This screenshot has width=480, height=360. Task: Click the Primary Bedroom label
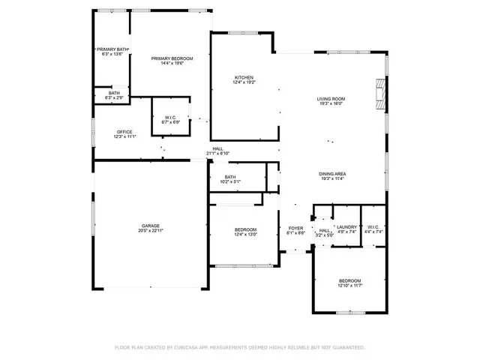click(x=172, y=58)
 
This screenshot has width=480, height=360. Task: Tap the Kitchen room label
click(x=244, y=77)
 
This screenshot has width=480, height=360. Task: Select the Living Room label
click(x=331, y=98)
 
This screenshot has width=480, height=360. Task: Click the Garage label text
click(x=151, y=225)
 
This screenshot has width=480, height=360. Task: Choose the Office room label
click(x=124, y=132)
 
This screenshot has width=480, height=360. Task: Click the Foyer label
click(x=296, y=228)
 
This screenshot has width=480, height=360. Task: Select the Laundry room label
click(x=346, y=227)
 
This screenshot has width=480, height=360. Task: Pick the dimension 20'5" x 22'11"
click(x=151, y=231)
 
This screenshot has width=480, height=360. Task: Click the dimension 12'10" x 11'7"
click(x=350, y=286)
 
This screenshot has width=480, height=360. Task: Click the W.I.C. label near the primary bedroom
click(x=170, y=118)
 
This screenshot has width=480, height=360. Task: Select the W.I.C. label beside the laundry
click(x=373, y=227)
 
